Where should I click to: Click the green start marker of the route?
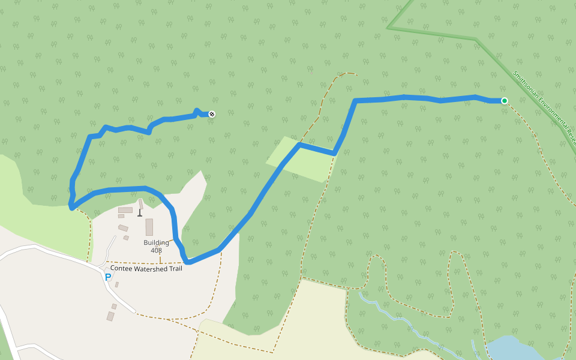pos(505,101)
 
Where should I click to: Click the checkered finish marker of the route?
pos(211,114)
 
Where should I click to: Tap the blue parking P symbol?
pos(108,277)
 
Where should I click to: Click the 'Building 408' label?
pos(156,246)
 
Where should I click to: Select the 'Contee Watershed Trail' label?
pos(146,268)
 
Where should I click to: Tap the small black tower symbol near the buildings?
pos(140,212)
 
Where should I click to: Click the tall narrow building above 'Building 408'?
pos(149,227)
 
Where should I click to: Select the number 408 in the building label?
pos(156,250)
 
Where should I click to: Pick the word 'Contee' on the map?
pos(120,268)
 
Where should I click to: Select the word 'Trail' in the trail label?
pos(174,268)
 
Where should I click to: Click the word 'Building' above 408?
pos(156,242)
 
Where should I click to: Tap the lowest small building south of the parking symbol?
pos(110,316)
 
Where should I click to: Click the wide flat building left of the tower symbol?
pos(125,210)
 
